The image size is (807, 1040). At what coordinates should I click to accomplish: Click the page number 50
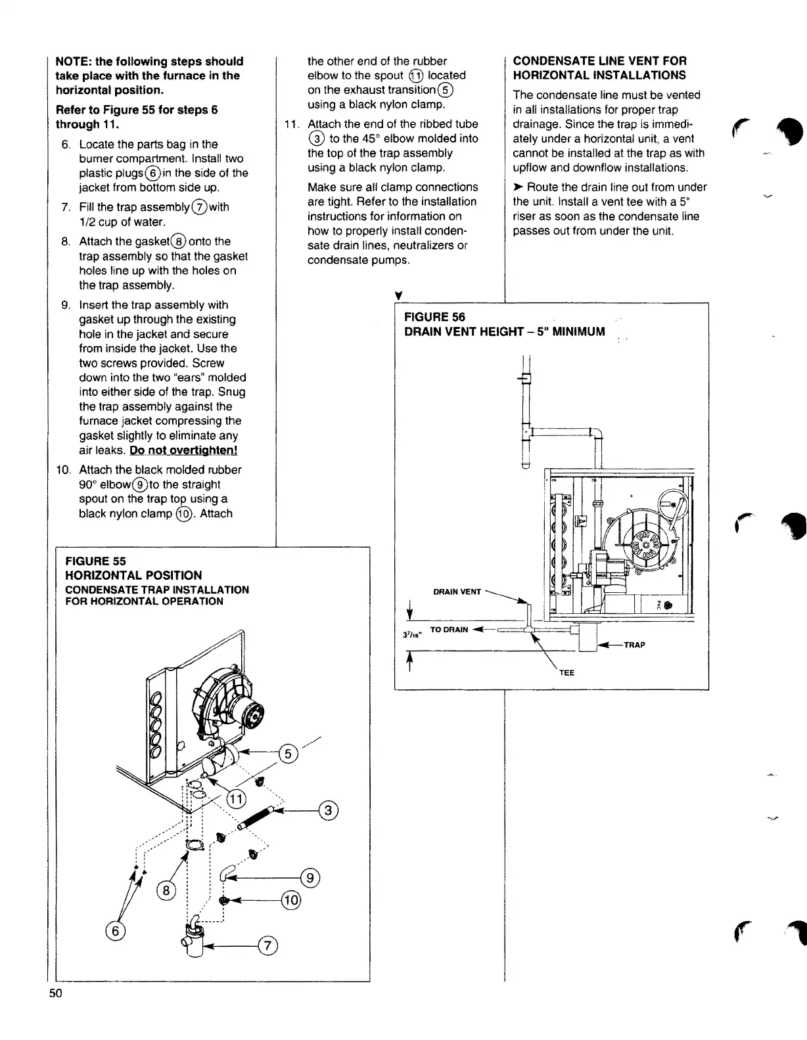point(55,1011)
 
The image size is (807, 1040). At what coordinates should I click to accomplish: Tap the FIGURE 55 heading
point(95,561)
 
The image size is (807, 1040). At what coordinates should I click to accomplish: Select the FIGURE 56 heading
point(434,318)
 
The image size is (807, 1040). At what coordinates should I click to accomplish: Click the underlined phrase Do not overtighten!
point(183,450)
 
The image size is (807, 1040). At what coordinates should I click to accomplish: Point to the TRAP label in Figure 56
point(634,645)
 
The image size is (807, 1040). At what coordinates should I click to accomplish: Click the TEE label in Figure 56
point(566,672)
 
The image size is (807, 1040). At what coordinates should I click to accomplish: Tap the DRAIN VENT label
point(457,592)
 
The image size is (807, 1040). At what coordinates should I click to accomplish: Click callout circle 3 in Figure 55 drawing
point(329,811)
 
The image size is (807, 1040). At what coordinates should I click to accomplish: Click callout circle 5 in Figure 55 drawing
point(288,754)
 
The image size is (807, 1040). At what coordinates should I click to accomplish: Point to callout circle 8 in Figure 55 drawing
point(166,891)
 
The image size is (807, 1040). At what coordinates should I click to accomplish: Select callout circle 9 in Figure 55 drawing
point(310,877)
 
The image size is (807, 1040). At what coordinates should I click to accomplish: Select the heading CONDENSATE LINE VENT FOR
point(599,61)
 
